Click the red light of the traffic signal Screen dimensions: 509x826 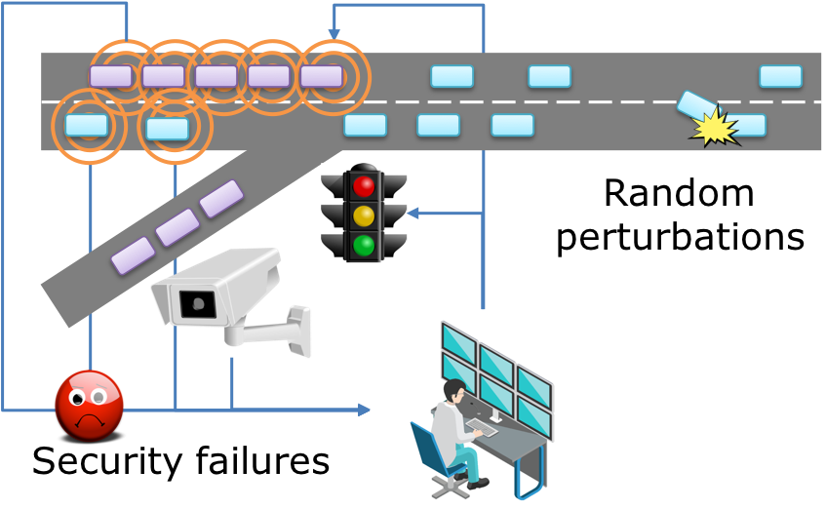[364, 184]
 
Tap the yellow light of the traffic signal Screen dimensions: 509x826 [364, 215]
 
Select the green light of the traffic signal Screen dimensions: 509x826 [364, 245]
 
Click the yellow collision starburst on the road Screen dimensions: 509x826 [714, 128]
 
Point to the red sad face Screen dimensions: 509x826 [90, 405]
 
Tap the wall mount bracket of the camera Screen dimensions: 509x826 [292, 327]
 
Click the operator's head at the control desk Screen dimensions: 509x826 [454, 391]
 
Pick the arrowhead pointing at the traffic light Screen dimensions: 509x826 [412, 214]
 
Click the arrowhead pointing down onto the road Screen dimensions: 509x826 [334, 35]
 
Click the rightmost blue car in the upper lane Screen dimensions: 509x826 [780, 76]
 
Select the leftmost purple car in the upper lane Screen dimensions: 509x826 [110, 76]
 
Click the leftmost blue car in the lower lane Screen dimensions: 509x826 [87, 125]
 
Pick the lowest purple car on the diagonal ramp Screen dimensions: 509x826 [133, 255]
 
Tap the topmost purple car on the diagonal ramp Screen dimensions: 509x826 [221, 199]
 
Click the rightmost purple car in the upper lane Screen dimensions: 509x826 [322, 76]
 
